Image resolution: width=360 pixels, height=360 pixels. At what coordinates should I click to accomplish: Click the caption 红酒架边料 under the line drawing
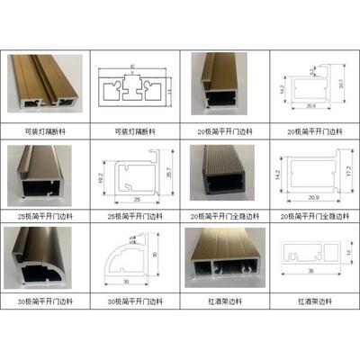coord(310,299)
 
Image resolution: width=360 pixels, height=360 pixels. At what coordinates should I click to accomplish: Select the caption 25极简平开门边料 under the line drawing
coord(135,216)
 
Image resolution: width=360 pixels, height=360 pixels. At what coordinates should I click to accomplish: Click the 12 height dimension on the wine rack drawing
coord(345,254)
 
